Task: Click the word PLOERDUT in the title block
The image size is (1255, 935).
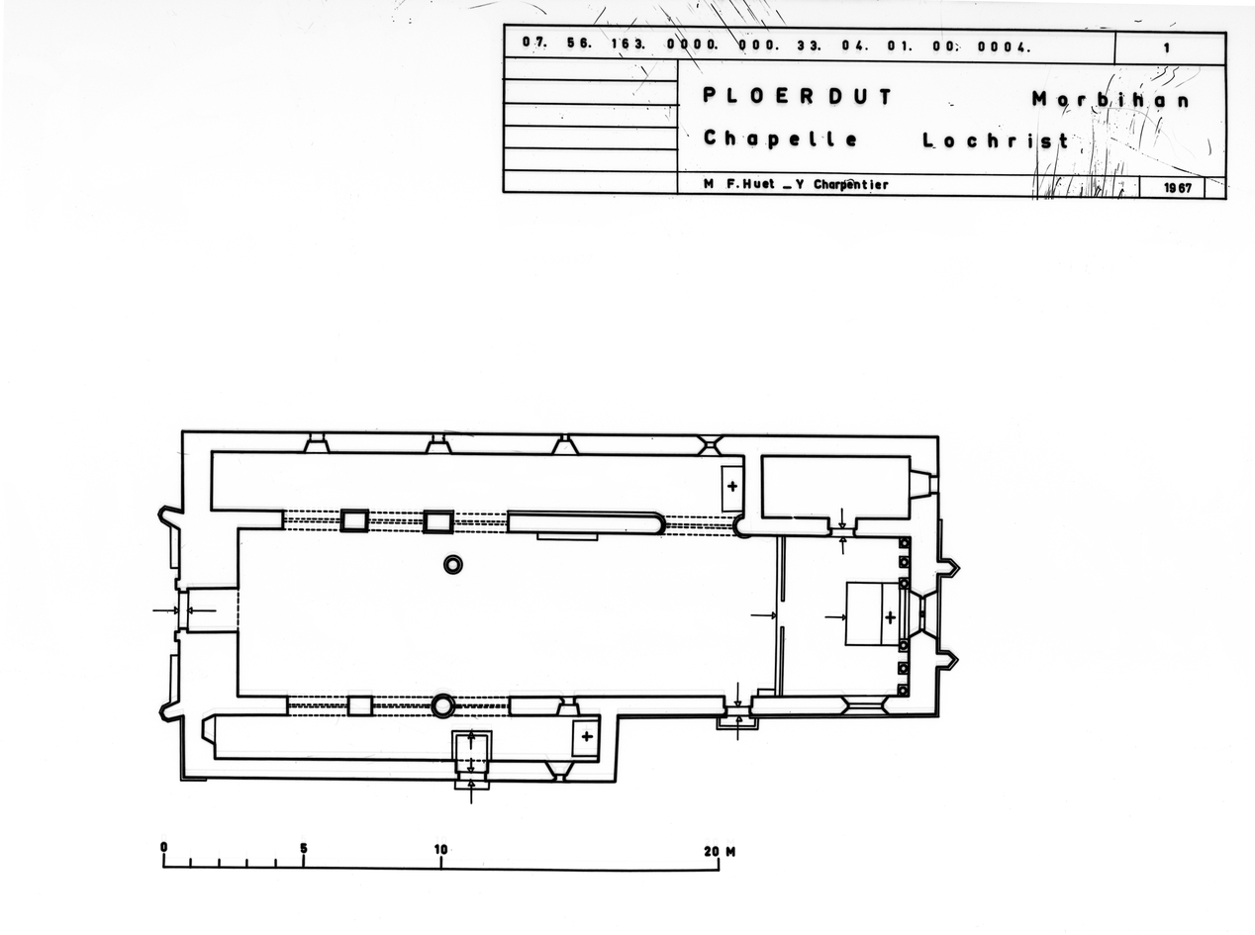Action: pyautogui.click(x=797, y=97)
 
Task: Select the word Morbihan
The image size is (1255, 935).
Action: pyautogui.click(x=1110, y=99)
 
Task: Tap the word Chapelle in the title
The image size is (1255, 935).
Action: pyautogui.click(x=781, y=139)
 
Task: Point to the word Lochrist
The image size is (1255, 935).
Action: pyautogui.click(x=996, y=140)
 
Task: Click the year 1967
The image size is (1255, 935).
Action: pyautogui.click(x=1178, y=186)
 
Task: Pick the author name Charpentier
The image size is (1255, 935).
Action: pyautogui.click(x=850, y=184)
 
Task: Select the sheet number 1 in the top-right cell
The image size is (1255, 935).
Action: pyautogui.click(x=1167, y=47)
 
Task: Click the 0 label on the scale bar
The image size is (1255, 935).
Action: pyautogui.click(x=163, y=848)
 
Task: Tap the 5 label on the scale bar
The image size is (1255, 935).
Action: pyautogui.click(x=303, y=848)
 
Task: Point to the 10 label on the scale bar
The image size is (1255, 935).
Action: pyautogui.click(x=440, y=849)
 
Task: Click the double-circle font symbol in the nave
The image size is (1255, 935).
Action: pyautogui.click(x=453, y=564)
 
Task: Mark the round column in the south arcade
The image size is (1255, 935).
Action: pyautogui.click(x=442, y=705)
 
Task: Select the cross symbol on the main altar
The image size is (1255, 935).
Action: pyautogui.click(x=890, y=617)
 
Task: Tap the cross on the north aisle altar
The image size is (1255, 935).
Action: pyautogui.click(x=732, y=486)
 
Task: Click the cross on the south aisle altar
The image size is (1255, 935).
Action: pyautogui.click(x=587, y=736)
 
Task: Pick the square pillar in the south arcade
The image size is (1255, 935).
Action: pyautogui.click(x=359, y=705)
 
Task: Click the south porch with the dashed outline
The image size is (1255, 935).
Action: pyautogui.click(x=471, y=754)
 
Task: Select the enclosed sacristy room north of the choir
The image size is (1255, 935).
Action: pyautogui.click(x=834, y=486)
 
